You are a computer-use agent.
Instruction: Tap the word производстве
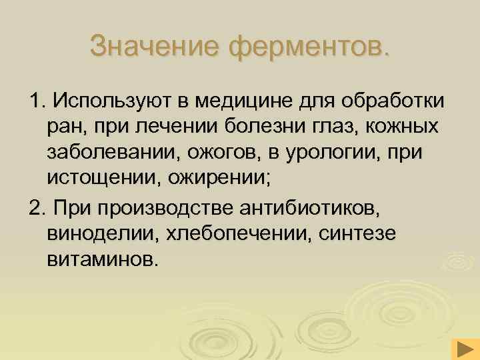pyautogui.click(x=172, y=209)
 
